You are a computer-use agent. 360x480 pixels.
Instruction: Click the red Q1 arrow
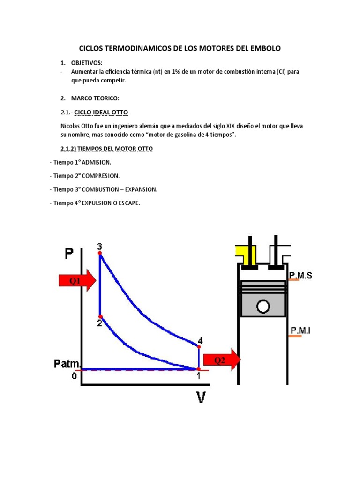76,280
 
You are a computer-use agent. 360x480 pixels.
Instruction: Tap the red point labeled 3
100,253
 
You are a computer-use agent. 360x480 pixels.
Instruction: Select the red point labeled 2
100,316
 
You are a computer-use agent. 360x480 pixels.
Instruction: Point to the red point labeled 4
199,346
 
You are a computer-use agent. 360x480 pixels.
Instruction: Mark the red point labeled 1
198,369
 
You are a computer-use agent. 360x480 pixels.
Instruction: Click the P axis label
69,254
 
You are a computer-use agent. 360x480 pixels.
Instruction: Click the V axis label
201,397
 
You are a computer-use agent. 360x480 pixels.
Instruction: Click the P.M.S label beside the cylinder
300,276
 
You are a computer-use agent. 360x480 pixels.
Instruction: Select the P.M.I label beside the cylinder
300,331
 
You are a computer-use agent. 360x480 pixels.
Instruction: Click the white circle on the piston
263,307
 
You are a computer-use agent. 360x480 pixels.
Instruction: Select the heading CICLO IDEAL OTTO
101,112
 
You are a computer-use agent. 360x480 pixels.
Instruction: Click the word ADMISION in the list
97,162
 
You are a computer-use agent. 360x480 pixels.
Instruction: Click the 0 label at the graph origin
74,376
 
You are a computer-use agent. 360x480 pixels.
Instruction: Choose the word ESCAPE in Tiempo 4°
129,203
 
